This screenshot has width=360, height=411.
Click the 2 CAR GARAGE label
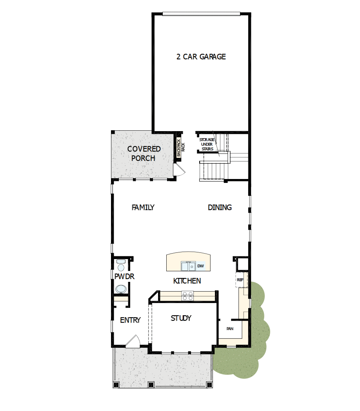tap(201, 57)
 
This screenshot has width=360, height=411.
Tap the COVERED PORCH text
tap(144, 153)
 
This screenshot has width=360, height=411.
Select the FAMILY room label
tap(143, 207)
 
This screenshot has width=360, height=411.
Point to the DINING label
tap(220, 207)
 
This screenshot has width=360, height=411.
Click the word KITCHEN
tap(187, 281)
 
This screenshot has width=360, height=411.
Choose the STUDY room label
tap(181, 318)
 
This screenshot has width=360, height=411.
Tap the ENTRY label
tap(130, 320)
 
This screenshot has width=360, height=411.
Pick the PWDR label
tap(125, 277)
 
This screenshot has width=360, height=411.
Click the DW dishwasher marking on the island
tap(201, 266)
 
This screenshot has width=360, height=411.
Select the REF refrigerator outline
tap(240, 280)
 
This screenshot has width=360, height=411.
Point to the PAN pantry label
tap(230, 329)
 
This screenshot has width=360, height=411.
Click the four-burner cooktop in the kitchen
tap(187, 296)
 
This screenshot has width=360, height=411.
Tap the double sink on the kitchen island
tap(188, 266)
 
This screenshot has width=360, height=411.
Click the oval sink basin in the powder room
tap(121, 289)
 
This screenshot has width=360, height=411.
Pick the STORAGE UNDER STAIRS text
tap(207, 144)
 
